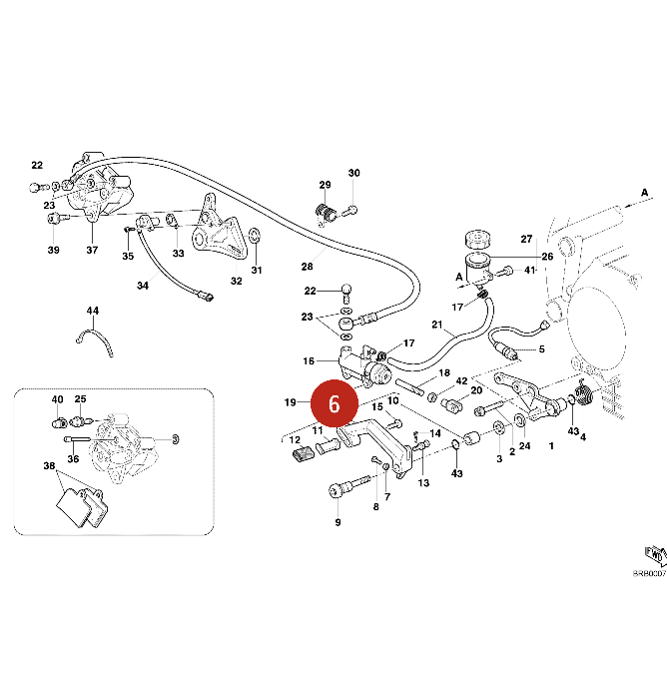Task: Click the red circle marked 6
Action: pyautogui.click(x=334, y=403)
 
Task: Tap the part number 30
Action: pyautogui.click(x=353, y=174)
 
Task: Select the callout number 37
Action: pyautogui.click(x=92, y=250)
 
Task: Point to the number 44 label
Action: pyautogui.click(x=93, y=312)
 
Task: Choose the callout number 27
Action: pyautogui.click(x=526, y=239)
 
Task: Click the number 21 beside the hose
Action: pyautogui.click(x=436, y=326)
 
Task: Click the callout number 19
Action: pyautogui.click(x=290, y=402)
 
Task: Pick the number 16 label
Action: pyautogui.click(x=309, y=360)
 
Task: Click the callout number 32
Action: pyautogui.click(x=236, y=281)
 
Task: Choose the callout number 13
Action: pyautogui.click(x=422, y=483)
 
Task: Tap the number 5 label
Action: pyautogui.click(x=541, y=349)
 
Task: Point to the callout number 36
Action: pyautogui.click(x=73, y=459)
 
